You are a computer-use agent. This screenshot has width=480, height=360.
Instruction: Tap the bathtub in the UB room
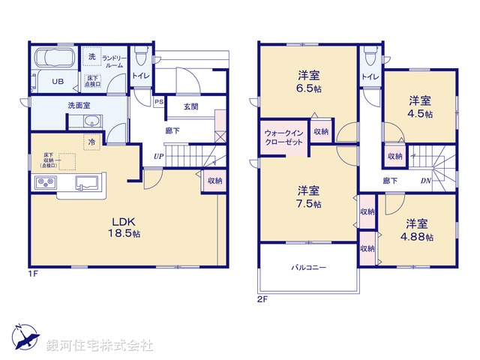point(52,59)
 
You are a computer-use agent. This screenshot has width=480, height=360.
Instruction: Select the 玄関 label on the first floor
point(190,106)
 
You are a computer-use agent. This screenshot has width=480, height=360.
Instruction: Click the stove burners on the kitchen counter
point(44,184)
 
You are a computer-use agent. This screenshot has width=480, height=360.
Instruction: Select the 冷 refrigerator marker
point(91,142)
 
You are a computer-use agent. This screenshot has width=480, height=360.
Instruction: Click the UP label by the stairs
point(158,156)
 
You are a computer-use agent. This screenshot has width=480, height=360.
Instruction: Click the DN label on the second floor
point(425,181)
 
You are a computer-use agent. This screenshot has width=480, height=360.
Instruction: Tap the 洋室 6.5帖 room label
point(307,79)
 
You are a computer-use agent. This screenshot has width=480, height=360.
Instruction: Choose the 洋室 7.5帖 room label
point(307,196)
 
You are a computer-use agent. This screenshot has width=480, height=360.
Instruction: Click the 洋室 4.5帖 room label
point(420,106)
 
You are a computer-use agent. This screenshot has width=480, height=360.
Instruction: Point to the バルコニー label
point(308,268)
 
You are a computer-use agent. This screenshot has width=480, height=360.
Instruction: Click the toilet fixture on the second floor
point(368,59)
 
